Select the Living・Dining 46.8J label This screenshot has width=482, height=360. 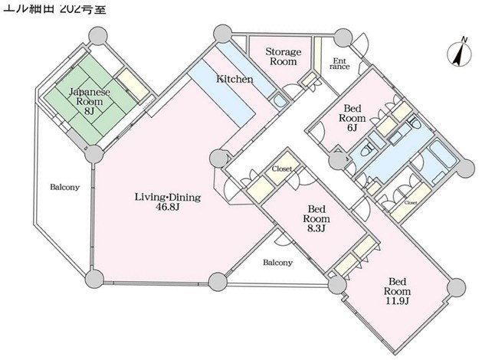point(167,201)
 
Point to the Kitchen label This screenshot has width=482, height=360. point(230,79)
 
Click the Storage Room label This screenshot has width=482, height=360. point(283,57)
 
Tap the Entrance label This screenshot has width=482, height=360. point(339,64)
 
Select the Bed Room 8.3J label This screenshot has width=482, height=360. point(317,218)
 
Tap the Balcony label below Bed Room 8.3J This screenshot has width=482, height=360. point(277,263)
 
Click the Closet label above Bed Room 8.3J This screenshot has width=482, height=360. point(281,169)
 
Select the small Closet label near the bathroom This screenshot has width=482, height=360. point(411,203)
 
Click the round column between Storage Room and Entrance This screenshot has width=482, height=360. point(340,36)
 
